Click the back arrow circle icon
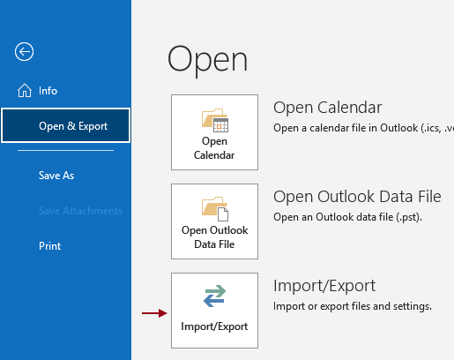[25, 51]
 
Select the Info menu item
[48, 90]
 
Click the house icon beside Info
[24, 90]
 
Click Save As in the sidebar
[56, 175]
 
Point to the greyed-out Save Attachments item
[80, 210]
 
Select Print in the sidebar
[50, 245]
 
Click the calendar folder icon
[215, 120]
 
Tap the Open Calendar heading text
[327, 108]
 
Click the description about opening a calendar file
[361, 128]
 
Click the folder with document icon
[215, 208]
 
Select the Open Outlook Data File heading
[357, 196]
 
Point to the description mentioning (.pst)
[352, 217]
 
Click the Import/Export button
[214, 309]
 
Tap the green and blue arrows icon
[214, 297]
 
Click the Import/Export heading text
[324, 285]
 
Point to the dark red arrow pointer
[153, 312]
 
